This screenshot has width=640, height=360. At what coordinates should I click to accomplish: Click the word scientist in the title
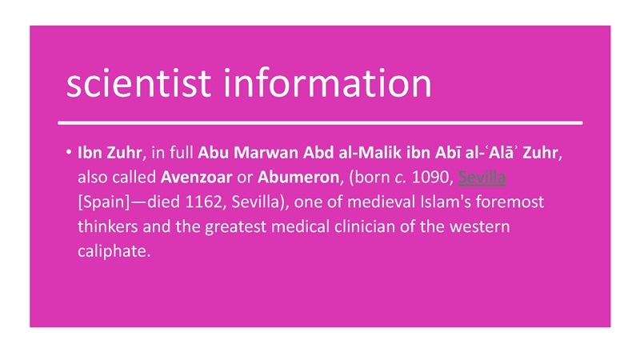[138, 83]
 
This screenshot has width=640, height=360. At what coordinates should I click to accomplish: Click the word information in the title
[327, 83]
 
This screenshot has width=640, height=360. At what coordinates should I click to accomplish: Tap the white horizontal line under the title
[320, 122]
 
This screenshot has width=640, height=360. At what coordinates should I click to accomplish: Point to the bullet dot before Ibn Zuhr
[68, 152]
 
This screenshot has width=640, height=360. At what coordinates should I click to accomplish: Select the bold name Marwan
[266, 153]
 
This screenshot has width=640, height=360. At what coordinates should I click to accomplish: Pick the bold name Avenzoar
[196, 177]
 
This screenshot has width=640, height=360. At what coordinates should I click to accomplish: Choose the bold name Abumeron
[298, 177]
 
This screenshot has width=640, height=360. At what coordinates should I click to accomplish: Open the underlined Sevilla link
[482, 178]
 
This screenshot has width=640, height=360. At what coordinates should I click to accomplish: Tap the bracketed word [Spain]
[104, 202]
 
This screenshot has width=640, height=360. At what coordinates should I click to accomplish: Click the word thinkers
[108, 226]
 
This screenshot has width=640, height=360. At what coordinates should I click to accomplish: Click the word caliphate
[114, 251]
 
